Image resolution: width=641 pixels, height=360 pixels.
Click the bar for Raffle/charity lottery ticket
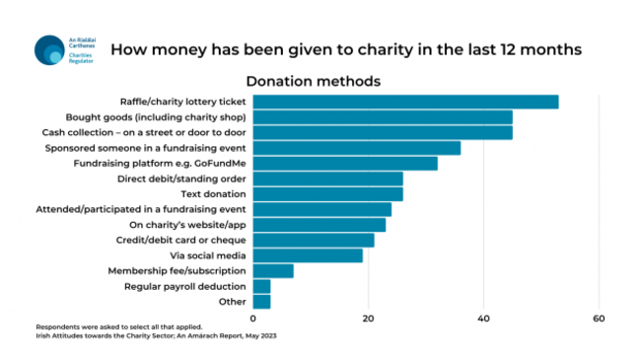406,102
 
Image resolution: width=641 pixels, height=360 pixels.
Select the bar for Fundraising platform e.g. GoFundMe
345,163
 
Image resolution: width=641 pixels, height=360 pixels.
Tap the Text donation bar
328,193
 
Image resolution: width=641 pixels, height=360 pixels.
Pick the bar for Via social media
308,255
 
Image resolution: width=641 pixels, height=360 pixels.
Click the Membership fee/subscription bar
273,270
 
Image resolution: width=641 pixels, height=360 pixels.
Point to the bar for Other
262,301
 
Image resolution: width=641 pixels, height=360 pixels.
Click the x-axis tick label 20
369,319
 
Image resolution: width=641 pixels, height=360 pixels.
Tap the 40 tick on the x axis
483,319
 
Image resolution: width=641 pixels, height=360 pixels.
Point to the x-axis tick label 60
599,319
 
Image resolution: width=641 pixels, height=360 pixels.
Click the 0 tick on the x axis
253,319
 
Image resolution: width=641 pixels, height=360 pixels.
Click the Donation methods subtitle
313,80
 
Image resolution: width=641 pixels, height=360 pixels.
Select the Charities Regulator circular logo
48,49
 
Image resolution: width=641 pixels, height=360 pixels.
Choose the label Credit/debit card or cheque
182,240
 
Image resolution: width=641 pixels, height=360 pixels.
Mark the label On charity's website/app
185,225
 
